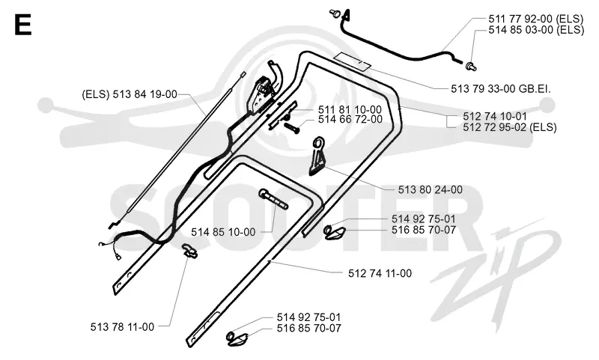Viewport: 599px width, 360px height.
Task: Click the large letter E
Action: (x=22, y=25)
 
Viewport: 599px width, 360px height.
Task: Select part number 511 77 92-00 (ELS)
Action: (x=535, y=19)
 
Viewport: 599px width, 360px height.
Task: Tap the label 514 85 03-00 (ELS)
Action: (x=536, y=29)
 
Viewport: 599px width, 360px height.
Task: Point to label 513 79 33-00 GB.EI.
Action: (x=501, y=89)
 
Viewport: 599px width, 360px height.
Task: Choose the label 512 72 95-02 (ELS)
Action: (x=510, y=127)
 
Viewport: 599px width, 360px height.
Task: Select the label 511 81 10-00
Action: (x=350, y=110)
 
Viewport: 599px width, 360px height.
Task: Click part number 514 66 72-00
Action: (x=350, y=120)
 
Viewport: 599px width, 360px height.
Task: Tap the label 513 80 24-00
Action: (x=430, y=190)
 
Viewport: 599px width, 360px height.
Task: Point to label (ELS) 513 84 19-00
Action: (x=130, y=94)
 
